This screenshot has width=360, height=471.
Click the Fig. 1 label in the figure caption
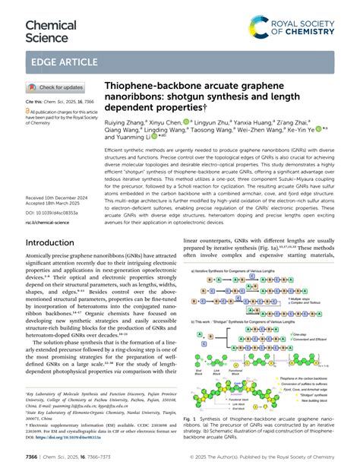(x=191, y=419)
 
